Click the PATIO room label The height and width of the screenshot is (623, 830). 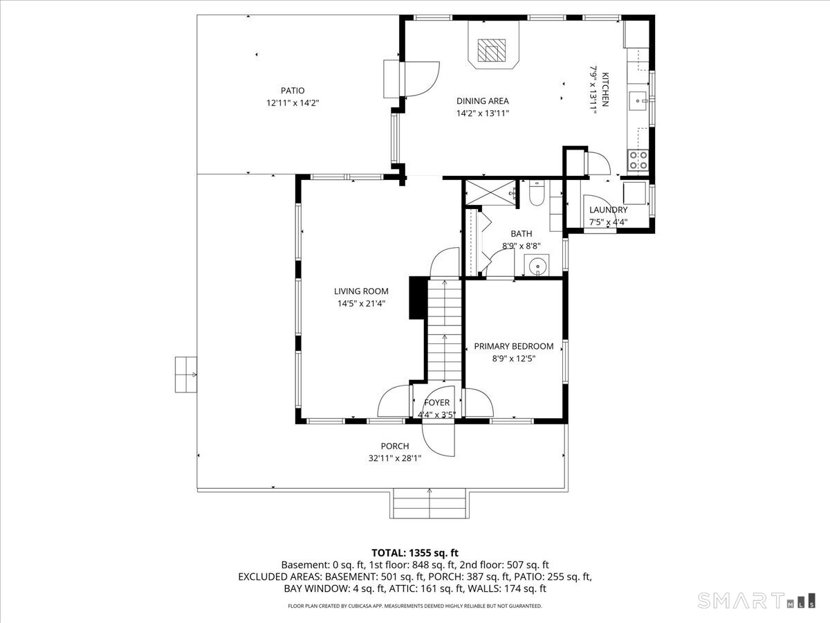click(x=293, y=91)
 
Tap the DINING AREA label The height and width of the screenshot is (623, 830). click(x=483, y=101)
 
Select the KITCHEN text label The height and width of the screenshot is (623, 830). click(x=605, y=89)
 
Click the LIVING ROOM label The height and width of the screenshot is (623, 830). click(x=361, y=291)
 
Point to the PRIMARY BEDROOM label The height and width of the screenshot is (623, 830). click(x=513, y=346)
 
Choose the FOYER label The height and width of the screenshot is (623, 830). click(x=436, y=402)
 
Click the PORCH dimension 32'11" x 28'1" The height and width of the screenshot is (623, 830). click(x=395, y=458)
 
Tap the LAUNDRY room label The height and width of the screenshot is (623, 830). click(x=608, y=210)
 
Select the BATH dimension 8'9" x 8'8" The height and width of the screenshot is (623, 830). click(x=521, y=246)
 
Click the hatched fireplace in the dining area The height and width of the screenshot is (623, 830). click(x=491, y=50)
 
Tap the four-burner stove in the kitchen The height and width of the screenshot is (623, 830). click(x=638, y=160)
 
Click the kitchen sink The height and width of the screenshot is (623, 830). click(x=638, y=101)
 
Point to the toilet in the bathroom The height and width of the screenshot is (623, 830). click(x=537, y=193)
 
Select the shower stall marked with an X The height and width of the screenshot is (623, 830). click(x=490, y=193)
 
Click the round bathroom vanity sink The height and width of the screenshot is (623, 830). click(x=537, y=266)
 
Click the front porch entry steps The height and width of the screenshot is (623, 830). click(x=430, y=503)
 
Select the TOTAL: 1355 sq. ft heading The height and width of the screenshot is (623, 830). click(x=415, y=553)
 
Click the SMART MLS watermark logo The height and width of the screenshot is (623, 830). click(x=756, y=600)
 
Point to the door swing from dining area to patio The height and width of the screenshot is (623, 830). click(x=422, y=80)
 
